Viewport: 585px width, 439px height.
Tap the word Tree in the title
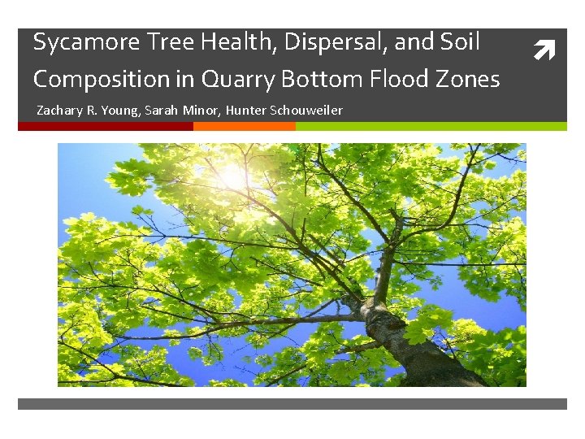point(162,42)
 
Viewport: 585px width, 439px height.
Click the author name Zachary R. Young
point(89,110)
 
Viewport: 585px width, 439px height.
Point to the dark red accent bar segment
point(106,126)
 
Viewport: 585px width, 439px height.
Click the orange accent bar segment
point(244,126)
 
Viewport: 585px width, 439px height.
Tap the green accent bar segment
point(431,126)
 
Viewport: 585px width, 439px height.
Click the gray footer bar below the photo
point(292,403)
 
